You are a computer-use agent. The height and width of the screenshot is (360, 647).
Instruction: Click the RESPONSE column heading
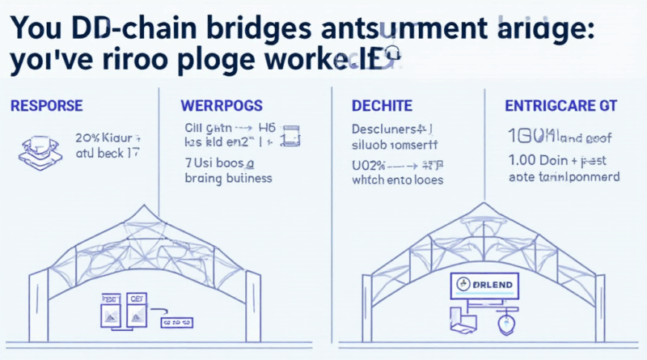click(47, 106)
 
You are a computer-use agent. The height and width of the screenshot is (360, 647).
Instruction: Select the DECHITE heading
click(383, 106)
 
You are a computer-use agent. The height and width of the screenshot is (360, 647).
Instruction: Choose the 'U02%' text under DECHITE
click(370, 163)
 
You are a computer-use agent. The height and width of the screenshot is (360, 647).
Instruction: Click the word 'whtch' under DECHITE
click(370, 180)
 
